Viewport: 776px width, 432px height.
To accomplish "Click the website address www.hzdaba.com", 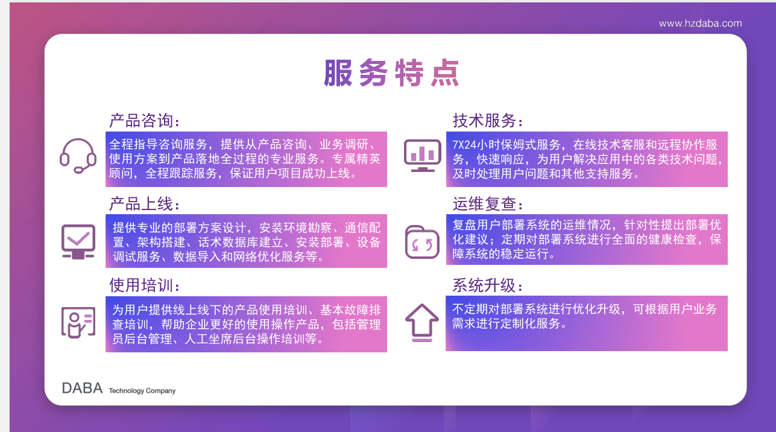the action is pyautogui.click(x=700, y=24).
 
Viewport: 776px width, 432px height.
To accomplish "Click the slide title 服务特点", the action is pyautogui.click(x=392, y=73).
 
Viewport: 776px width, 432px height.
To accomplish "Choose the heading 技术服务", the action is pyautogui.click(x=488, y=121).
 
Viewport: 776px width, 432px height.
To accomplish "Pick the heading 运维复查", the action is pyautogui.click(x=488, y=204).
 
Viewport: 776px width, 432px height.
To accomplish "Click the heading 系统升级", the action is pyautogui.click(x=488, y=285).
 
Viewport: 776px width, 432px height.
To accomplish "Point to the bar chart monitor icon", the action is pyautogui.click(x=422, y=155).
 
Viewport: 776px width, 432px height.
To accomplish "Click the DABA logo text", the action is pyautogui.click(x=82, y=388).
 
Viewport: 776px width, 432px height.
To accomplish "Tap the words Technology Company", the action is pyautogui.click(x=142, y=391).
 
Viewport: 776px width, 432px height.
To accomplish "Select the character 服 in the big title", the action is pyautogui.click(x=338, y=73).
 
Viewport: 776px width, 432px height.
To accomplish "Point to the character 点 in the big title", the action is pyautogui.click(x=446, y=73).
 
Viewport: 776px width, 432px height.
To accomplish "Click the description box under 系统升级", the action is pyautogui.click(x=587, y=323).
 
